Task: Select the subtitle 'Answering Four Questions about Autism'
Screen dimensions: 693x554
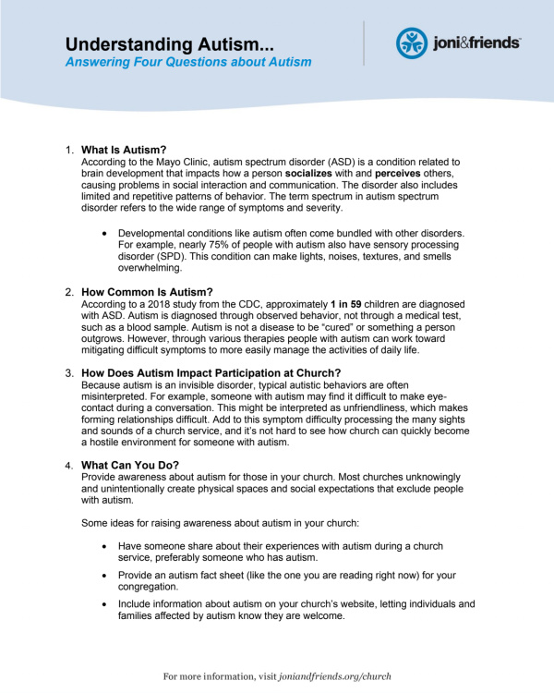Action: pyautogui.click(x=188, y=63)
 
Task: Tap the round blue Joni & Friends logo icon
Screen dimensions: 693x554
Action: pyautogui.click(x=412, y=43)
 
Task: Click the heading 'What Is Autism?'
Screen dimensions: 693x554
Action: pyautogui.click(x=124, y=150)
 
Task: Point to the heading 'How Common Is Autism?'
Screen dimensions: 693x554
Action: pyautogui.click(x=147, y=292)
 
